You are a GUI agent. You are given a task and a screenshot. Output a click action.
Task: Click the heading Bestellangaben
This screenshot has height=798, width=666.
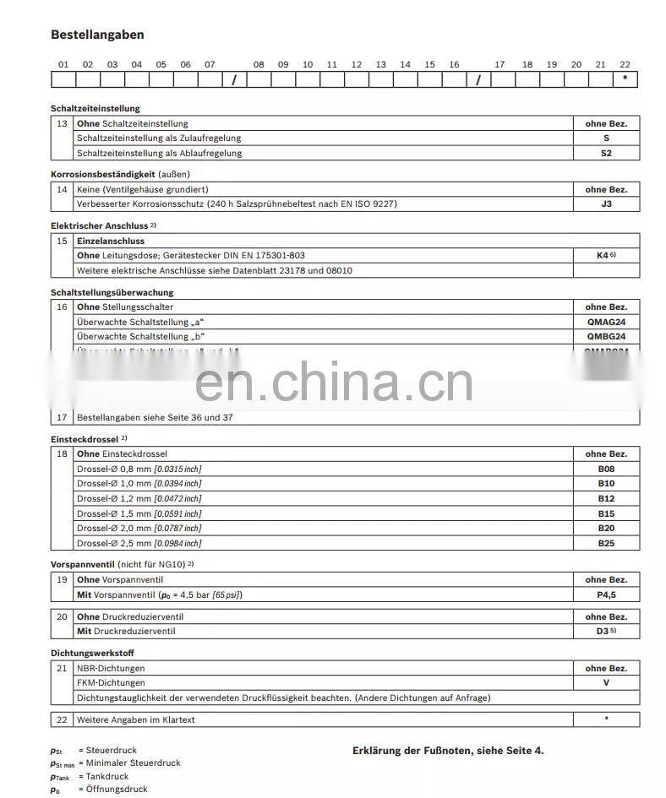pos(97,35)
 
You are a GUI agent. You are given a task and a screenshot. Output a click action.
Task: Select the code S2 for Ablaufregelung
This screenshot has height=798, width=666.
pos(606,153)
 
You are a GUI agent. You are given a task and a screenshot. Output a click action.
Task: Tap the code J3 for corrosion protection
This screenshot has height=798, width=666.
pos(606,204)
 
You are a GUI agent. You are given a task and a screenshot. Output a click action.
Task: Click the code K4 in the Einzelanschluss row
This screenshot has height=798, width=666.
pos(603,254)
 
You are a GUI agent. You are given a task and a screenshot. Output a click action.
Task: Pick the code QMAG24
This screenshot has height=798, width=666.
pos(606,322)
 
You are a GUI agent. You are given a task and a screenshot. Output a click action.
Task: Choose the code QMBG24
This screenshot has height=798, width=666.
pos(606,336)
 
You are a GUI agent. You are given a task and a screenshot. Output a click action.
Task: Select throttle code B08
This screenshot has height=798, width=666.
pos(606,469)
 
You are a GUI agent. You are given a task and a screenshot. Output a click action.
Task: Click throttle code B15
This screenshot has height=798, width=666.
pos(606,513)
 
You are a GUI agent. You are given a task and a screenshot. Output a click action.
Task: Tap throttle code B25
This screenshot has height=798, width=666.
pos(606,543)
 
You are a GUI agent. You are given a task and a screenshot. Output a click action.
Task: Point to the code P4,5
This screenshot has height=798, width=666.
pos(606,594)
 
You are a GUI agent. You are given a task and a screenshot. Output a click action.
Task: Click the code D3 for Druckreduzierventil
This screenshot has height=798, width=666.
pos(603,631)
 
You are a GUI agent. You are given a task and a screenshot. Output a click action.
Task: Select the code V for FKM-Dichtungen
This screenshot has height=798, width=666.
pos(606,682)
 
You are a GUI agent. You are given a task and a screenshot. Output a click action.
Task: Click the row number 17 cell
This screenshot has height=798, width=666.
pos(62,417)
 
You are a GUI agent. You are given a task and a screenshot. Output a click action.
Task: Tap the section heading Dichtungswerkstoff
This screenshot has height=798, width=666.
pos(92,653)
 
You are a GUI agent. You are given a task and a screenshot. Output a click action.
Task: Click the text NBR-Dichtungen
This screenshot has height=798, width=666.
pos(110,668)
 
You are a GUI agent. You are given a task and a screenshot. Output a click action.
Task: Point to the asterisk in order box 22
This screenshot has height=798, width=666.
pos(625,79)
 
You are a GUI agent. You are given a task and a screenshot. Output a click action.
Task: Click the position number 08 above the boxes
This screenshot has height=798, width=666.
pos(259,64)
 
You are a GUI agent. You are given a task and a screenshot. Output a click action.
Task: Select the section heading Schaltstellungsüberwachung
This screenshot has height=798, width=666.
pos(112,292)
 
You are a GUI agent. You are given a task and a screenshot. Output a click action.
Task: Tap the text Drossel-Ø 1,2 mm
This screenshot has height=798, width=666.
pos(113,498)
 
